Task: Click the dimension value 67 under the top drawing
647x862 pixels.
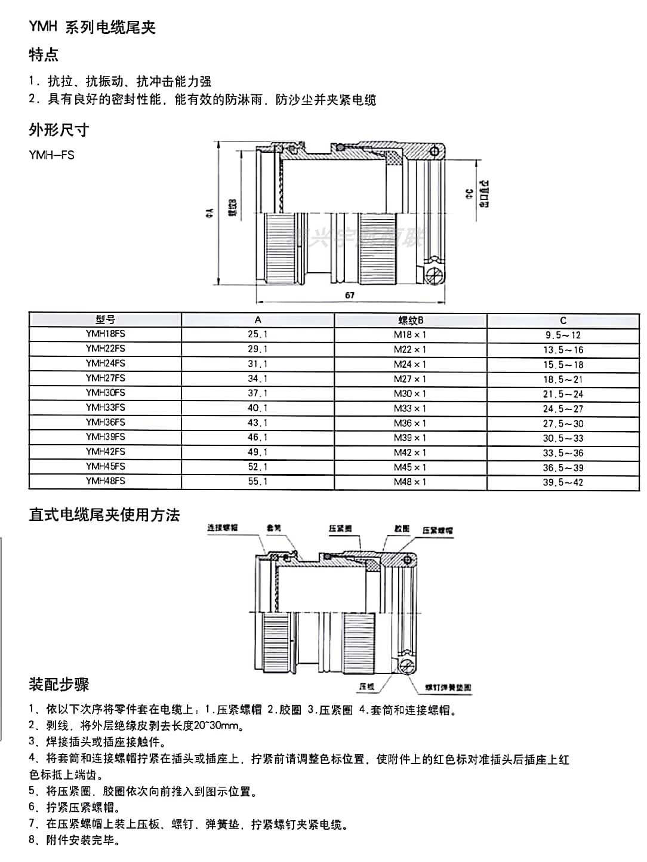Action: pos(350,295)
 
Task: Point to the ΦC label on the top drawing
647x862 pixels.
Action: pos(469,193)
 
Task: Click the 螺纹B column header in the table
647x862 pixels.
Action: pos(410,320)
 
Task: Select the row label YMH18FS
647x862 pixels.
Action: pos(105,334)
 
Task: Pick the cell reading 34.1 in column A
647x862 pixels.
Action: pos(257,378)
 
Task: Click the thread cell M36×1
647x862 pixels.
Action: pos(410,423)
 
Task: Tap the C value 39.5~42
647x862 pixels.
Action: pos(563,482)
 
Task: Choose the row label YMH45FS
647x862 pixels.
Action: pos(105,467)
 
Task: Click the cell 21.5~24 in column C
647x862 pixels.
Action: pos(563,394)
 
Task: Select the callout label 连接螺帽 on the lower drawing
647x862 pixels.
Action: pos(223,528)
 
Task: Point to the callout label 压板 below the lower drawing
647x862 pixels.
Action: pos(367,687)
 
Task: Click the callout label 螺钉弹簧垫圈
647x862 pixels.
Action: pos(448,688)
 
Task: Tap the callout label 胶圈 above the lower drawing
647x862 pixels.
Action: pos(402,529)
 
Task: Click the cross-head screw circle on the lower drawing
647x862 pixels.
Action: pos(408,666)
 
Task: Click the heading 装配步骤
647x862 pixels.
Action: pos(59,684)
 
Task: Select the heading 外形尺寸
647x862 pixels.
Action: pos(59,130)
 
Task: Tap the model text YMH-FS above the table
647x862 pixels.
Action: pos(52,155)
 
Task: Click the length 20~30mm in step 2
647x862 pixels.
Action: pos(218,726)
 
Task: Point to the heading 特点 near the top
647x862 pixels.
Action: pos(44,55)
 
